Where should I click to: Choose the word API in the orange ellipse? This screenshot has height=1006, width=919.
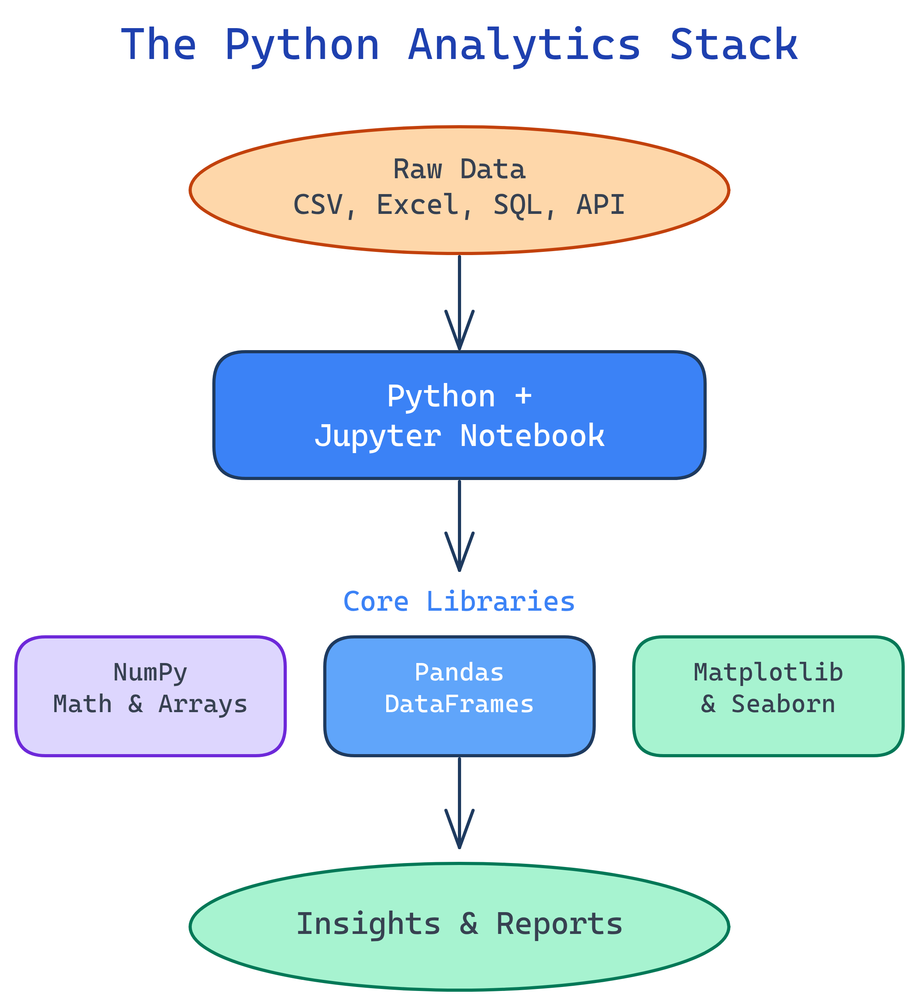601,205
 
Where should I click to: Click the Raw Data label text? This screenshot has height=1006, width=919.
459,170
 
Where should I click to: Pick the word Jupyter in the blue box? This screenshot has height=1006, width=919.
378,436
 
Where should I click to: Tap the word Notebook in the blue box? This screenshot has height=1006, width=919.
532,436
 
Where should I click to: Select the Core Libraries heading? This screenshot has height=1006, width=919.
459,601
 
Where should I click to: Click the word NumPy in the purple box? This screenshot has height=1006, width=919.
150,673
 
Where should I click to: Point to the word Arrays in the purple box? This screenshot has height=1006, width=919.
203,704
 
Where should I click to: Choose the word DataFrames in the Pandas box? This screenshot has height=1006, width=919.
459,704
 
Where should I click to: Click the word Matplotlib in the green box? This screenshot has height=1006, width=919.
768,673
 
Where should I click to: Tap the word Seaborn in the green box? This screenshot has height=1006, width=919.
783,704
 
